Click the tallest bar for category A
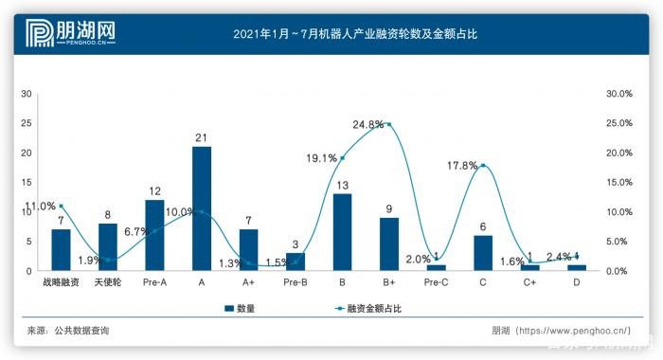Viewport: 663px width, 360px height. (x=201, y=208)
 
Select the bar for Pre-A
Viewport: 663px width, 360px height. (x=154, y=235)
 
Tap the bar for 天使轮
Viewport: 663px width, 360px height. (x=108, y=247)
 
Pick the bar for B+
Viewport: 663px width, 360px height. (x=388, y=244)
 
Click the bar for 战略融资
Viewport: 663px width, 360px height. (x=61, y=250)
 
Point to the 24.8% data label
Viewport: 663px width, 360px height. (x=367, y=124)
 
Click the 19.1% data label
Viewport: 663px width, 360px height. (x=323, y=158)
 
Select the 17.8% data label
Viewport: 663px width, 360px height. (x=462, y=165)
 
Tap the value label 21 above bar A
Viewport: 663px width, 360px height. (x=201, y=138)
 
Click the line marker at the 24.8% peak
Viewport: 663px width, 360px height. (x=389, y=124)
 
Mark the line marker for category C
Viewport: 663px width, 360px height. (x=483, y=166)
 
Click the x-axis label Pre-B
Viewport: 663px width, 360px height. (x=296, y=282)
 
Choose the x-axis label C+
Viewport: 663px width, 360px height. (x=530, y=282)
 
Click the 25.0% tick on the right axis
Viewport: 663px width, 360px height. (x=618, y=123)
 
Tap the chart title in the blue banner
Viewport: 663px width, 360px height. (x=354, y=34)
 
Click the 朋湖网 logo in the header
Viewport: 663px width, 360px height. (x=59, y=34)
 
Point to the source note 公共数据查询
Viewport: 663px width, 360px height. (x=81, y=331)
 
